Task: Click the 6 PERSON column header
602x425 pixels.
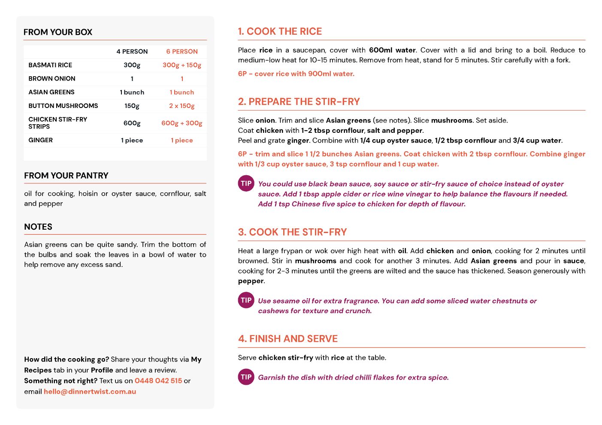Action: pyautogui.click(x=182, y=51)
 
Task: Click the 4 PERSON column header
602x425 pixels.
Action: pyautogui.click(x=132, y=51)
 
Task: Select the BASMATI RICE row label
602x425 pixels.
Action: pyautogui.click(x=50, y=65)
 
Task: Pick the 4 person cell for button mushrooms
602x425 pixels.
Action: pyautogui.click(x=132, y=106)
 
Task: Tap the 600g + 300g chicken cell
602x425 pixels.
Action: pyautogui.click(x=182, y=123)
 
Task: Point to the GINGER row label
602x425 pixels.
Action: pyautogui.click(x=41, y=140)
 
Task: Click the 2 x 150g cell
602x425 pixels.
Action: pyautogui.click(x=182, y=106)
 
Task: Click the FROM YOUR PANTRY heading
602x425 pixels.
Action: pyautogui.click(x=66, y=176)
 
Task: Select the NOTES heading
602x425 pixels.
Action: pyautogui.click(x=38, y=227)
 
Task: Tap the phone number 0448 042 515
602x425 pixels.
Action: pyautogui.click(x=158, y=381)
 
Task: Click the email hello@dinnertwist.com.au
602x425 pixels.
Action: pyautogui.click(x=90, y=392)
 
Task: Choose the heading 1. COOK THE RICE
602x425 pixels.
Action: pyautogui.click(x=280, y=32)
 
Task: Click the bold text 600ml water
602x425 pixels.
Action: pyautogui.click(x=392, y=50)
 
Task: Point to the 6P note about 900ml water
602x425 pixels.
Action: pyautogui.click(x=296, y=74)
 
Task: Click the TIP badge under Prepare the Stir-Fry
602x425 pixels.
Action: pyautogui.click(x=246, y=183)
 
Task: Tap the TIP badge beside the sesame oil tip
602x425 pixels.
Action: pyautogui.click(x=246, y=300)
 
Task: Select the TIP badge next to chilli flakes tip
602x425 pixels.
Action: pyautogui.click(x=246, y=377)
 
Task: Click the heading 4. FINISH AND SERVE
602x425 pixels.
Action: pyautogui.click(x=288, y=339)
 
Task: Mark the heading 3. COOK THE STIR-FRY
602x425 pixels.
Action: pyautogui.click(x=292, y=232)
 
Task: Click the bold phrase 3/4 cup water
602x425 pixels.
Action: pyautogui.click(x=537, y=141)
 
